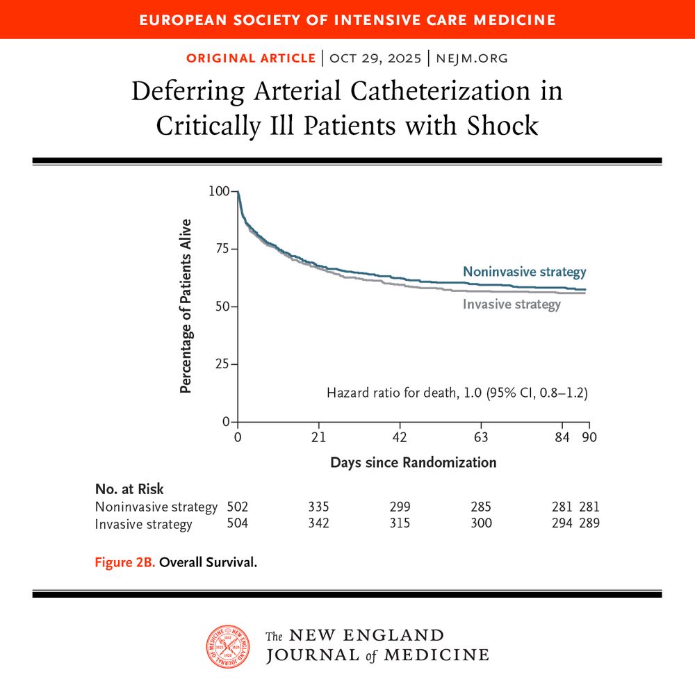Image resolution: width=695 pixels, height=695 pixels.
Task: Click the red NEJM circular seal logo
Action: click(228, 646)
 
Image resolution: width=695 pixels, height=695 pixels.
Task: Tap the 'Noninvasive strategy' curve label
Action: click(524, 272)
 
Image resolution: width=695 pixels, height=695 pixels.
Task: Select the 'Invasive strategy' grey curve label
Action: click(512, 304)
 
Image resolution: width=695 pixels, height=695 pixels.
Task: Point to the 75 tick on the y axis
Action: click(222, 249)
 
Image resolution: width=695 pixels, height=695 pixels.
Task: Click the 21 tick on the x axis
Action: click(318, 437)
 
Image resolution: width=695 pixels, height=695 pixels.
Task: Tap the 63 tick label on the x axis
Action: click(481, 437)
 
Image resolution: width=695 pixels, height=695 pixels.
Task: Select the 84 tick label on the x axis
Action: click(562, 437)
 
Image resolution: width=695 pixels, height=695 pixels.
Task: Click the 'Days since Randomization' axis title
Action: click(413, 462)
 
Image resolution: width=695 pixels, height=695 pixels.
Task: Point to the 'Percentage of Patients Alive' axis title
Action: click(186, 306)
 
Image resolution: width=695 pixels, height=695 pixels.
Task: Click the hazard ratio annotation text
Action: click(457, 393)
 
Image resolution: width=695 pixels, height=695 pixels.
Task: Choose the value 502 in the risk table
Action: click(238, 507)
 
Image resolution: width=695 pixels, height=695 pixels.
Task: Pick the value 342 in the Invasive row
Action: click(318, 523)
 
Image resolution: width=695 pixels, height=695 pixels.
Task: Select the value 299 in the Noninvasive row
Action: click(400, 507)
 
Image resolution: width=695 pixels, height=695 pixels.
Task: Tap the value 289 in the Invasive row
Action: click(589, 523)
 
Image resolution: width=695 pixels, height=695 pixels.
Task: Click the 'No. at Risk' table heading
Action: click(129, 489)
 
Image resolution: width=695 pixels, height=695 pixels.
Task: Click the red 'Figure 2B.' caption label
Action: click(125, 562)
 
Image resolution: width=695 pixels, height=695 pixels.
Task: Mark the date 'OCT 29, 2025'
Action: click(375, 58)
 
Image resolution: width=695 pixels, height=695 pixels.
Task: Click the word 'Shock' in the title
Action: click(502, 126)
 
